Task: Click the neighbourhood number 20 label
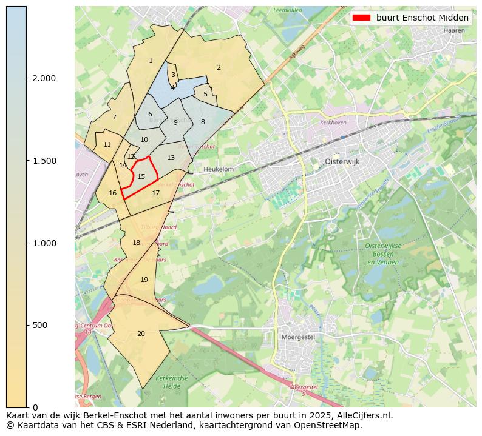(x=141, y=334)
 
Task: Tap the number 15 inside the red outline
(x=141, y=176)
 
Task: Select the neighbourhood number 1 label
(x=151, y=61)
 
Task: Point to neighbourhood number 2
(x=219, y=67)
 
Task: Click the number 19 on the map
(x=144, y=280)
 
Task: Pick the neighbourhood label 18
(x=137, y=243)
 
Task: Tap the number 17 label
(x=156, y=193)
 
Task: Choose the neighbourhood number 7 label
(x=114, y=117)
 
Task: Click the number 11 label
(x=107, y=144)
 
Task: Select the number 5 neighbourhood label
(x=205, y=94)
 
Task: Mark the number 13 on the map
(x=171, y=158)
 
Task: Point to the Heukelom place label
(x=219, y=169)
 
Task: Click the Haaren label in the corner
(x=453, y=30)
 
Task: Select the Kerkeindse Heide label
(x=168, y=381)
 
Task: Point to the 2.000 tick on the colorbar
(x=44, y=78)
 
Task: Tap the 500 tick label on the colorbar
(x=40, y=325)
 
